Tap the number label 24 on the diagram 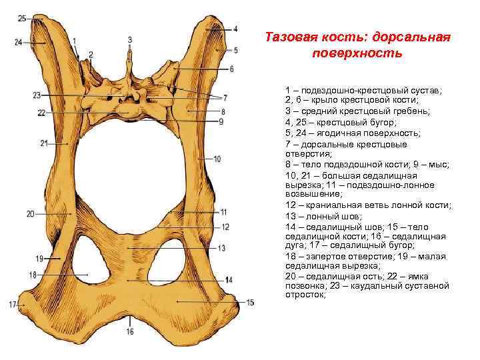(18, 42)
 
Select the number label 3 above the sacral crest (130, 39)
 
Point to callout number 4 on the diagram (235, 29)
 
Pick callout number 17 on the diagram (12, 305)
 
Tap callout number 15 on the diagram (250, 303)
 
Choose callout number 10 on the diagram (217, 159)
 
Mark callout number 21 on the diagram (44, 143)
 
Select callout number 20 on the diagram (30, 214)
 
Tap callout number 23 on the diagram (36, 95)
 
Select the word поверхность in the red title (356, 52)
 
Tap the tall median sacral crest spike (130, 63)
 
